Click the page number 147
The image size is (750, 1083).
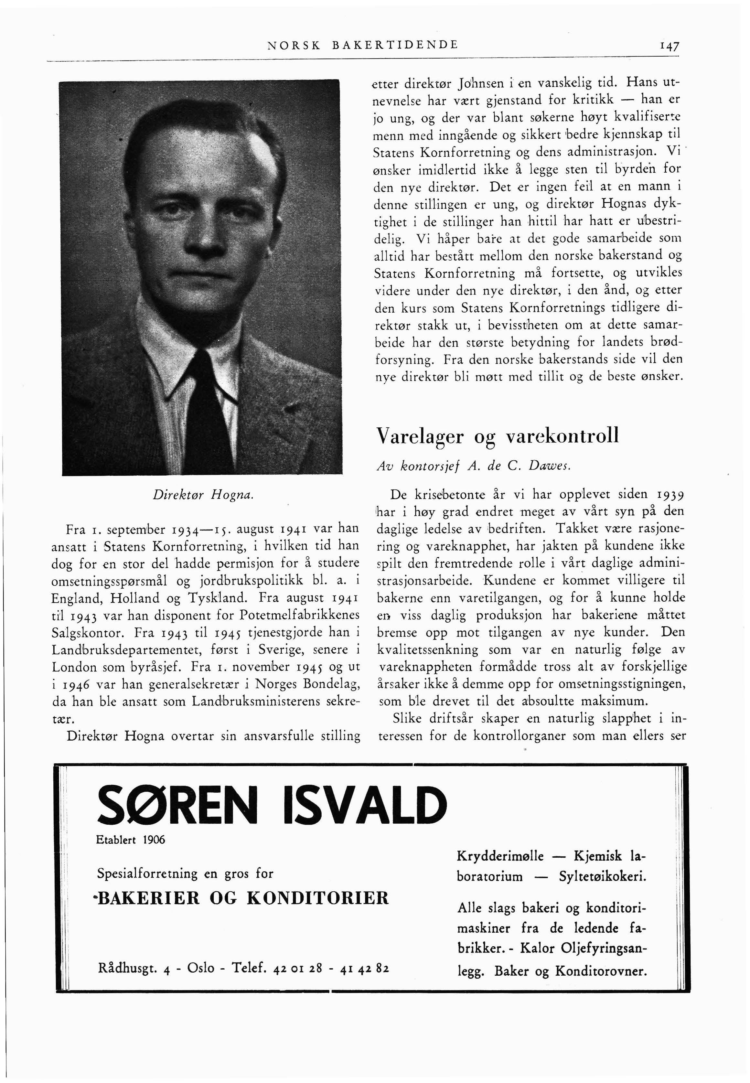click(x=669, y=46)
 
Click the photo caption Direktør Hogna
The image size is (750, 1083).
click(x=203, y=494)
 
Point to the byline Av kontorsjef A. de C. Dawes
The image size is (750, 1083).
click(x=474, y=466)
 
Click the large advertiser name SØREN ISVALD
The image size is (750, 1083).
click(x=272, y=807)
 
